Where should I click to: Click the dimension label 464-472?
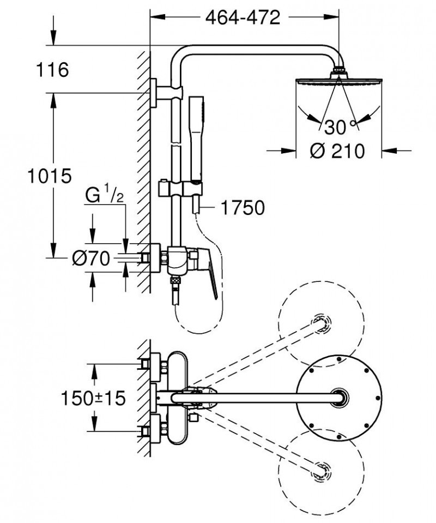(x=243, y=17)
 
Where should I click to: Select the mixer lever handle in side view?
(x=208, y=273)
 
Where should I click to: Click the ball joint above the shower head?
(x=339, y=70)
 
